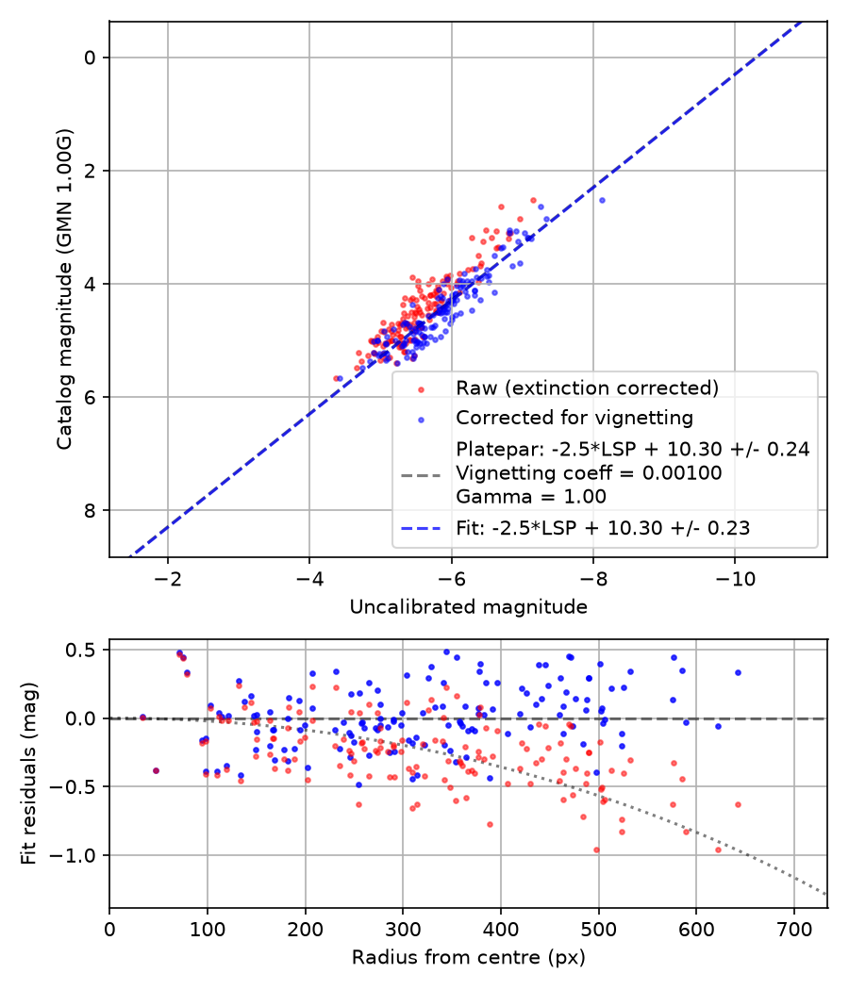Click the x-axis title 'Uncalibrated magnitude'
468,607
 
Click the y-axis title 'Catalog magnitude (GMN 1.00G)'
64,289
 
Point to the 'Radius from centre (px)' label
468,957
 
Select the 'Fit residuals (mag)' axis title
29,773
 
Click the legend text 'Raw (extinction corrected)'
588,388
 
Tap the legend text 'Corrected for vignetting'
574,418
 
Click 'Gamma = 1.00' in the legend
531,496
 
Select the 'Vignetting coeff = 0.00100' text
589,473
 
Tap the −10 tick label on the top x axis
735,578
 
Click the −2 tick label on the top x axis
167,578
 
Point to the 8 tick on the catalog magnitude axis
89,510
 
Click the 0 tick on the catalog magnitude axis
89,58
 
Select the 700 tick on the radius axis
794,930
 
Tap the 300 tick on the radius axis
403,930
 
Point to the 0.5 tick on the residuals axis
81,650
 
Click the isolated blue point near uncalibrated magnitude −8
602,200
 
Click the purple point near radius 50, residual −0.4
156,770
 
